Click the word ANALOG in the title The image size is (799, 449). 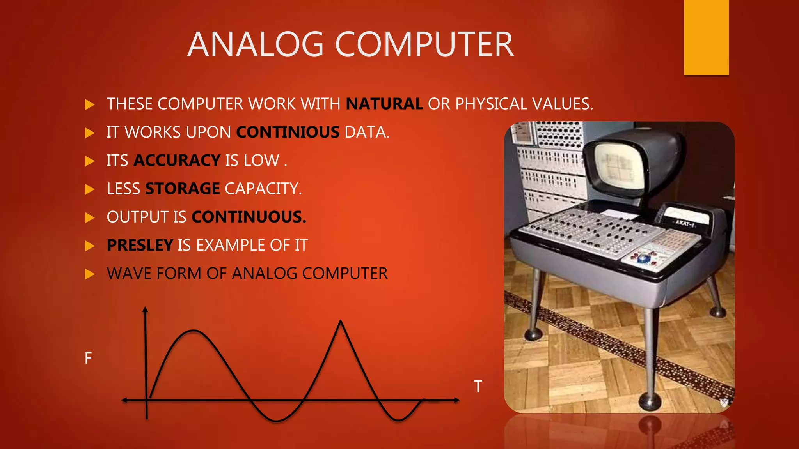click(256, 44)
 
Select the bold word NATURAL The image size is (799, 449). click(384, 104)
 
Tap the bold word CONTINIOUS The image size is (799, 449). click(288, 133)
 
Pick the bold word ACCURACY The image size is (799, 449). click(177, 161)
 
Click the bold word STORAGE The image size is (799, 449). click(183, 189)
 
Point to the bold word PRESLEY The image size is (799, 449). click(140, 246)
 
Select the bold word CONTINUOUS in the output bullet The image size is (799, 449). click(249, 217)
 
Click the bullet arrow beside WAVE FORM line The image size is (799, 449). click(90, 274)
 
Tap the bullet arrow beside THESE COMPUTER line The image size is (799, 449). click(90, 104)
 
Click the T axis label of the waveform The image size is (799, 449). click(478, 387)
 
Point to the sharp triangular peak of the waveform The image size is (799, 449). click(341, 322)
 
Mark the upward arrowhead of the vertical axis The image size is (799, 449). click(145, 309)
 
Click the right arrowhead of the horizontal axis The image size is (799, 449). click(456, 400)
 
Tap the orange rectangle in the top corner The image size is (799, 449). click(706, 37)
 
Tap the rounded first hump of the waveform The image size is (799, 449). click(194, 331)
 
